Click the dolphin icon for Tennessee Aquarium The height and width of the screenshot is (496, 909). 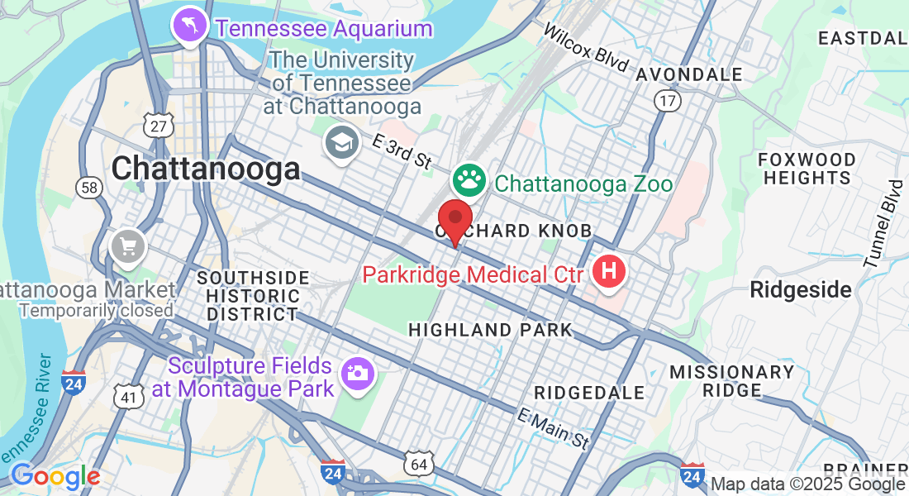[190, 27]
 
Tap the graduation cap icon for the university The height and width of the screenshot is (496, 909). [340, 143]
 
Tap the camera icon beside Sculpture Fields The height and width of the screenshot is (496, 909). [358, 374]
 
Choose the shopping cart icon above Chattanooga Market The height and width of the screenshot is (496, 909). [128, 246]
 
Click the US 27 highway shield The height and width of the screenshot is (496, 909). [157, 126]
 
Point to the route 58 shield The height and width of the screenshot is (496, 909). [88, 188]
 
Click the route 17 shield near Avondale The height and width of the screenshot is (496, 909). [668, 101]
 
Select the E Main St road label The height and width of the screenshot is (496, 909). [554, 429]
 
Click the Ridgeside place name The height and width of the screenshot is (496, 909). [800, 289]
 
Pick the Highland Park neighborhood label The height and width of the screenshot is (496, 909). [490, 331]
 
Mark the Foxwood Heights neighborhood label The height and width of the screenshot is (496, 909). [807, 168]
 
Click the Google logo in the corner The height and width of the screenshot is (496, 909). [55, 476]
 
